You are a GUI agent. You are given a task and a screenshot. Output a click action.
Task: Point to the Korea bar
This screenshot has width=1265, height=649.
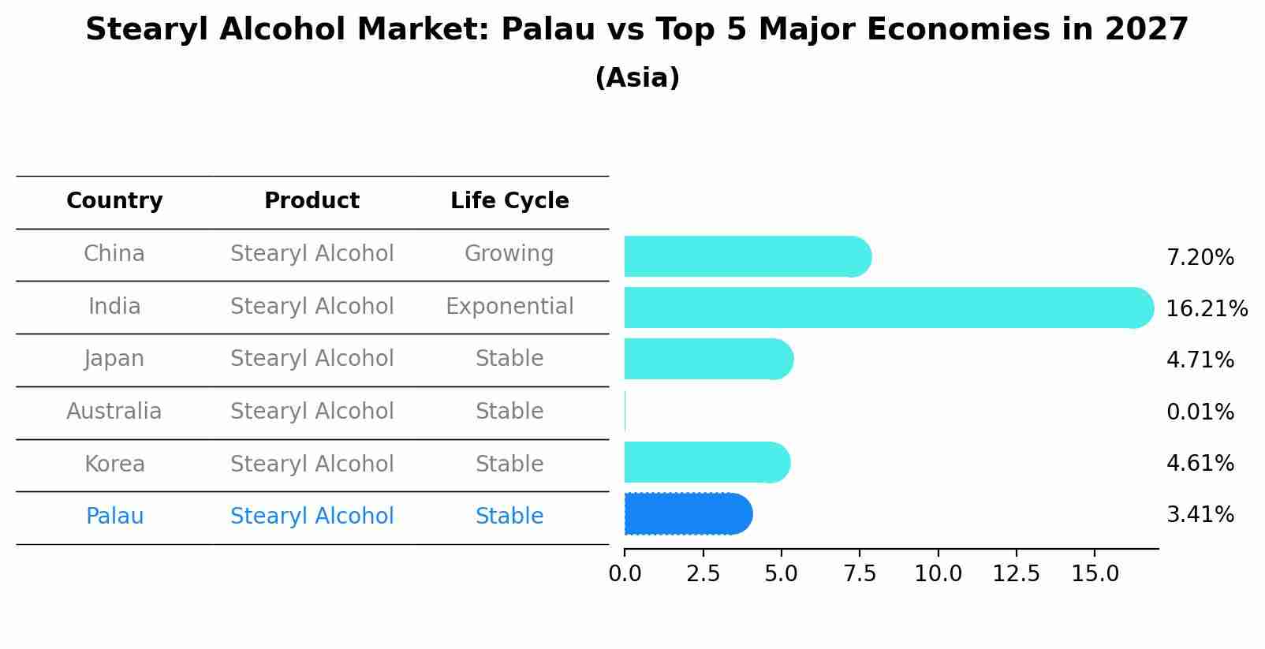coord(707,462)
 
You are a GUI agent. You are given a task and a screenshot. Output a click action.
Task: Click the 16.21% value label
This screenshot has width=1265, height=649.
coord(1207,308)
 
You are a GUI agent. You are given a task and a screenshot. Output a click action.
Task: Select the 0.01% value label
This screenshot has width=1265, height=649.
coord(1200,412)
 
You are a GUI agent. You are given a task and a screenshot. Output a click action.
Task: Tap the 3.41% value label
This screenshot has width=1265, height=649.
coord(1200,515)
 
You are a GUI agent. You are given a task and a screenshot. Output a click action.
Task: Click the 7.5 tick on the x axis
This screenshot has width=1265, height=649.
coord(860,574)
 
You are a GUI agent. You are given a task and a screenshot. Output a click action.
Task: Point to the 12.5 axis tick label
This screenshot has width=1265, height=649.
coord(1016,574)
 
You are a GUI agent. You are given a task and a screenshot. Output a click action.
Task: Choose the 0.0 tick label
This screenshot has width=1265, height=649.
coord(625,574)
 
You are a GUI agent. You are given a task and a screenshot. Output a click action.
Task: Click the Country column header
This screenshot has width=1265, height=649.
coord(114,201)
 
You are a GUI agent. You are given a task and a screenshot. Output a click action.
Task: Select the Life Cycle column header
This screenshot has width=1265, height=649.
coord(509,201)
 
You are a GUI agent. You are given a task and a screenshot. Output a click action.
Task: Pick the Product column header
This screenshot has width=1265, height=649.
coord(312,201)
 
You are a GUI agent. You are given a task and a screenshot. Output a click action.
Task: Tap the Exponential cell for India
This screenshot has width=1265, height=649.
coord(509,307)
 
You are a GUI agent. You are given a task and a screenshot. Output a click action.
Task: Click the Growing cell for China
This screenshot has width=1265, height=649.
coord(509,254)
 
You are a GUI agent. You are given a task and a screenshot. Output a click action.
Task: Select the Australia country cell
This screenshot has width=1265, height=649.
coord(114,412)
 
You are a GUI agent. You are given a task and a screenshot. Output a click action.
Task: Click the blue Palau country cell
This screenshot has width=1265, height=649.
coord(114,517)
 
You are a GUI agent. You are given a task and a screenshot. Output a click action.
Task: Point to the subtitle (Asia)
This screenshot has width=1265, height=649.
coord(637,78)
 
